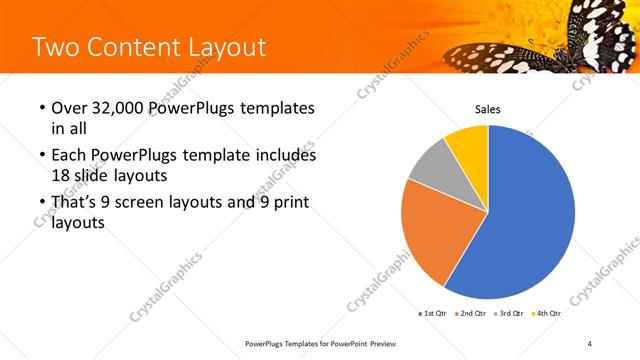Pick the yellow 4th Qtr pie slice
467,142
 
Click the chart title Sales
487,109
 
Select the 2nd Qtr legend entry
473,313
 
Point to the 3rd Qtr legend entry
510,313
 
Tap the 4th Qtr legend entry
546,313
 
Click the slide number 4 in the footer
590,344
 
